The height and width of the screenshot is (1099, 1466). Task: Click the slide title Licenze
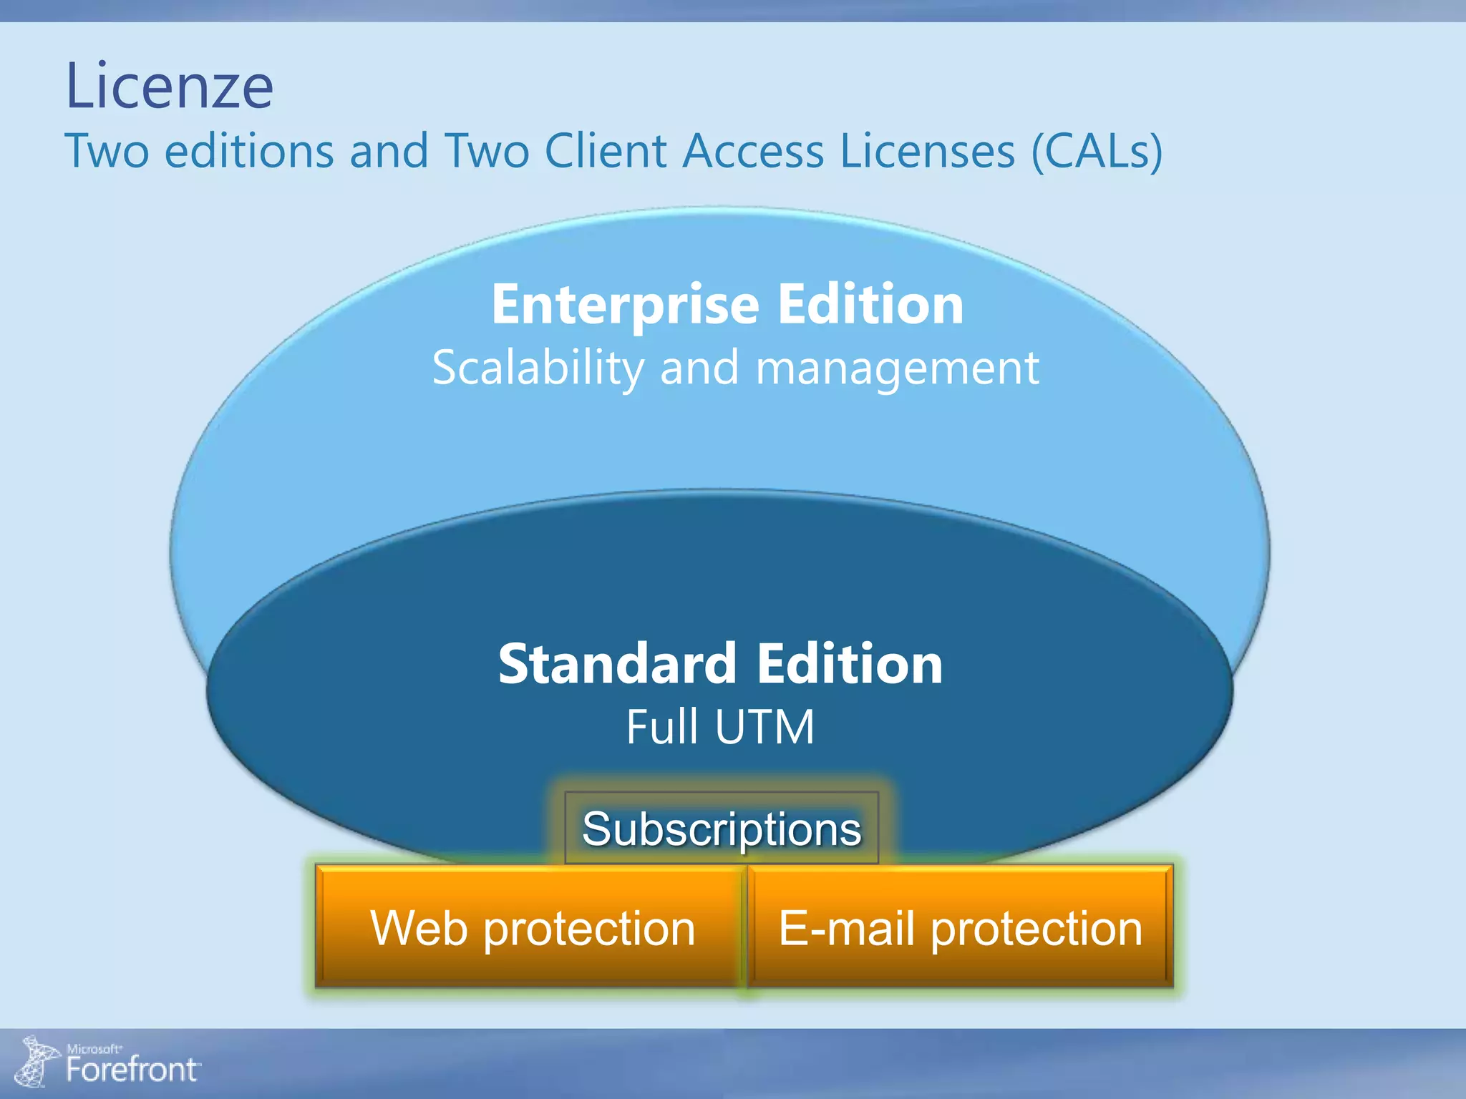[169, 87]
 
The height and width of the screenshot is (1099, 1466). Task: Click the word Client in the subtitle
[606, 151]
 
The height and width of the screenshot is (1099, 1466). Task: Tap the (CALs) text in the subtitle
[1097, 151]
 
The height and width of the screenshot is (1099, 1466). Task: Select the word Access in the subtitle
[753, 151]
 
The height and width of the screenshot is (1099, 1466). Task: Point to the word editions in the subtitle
[249, 151]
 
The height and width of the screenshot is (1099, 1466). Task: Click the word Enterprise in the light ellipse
[625, 306]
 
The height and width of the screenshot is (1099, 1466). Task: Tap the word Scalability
[538, 368]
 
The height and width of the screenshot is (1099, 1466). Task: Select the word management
[898, 368]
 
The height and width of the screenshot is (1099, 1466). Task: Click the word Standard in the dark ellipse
[617, 664]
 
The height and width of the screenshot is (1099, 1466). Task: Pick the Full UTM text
[720, 727]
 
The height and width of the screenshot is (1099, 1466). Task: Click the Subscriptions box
[722, 829]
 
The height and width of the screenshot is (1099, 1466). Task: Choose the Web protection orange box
[532, 928]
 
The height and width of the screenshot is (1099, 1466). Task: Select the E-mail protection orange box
[960, 928]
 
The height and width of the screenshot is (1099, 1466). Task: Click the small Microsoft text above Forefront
[94, 1049]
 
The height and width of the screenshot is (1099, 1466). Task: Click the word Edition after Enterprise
[870, 306]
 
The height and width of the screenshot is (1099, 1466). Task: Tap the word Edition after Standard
[850, 664]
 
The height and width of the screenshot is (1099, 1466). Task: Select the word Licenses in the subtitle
[927, 151]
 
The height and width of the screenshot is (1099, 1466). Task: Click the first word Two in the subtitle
[107, 151]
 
